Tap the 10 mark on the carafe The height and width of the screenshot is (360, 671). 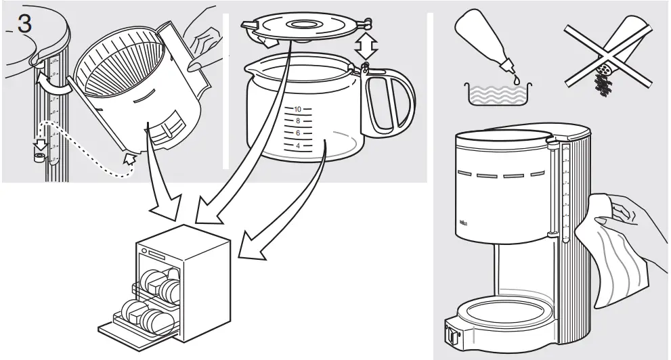(297, 109)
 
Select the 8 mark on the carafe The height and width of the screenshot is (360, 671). (297, 120)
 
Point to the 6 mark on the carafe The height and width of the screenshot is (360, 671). (297, 133)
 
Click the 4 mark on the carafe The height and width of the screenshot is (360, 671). (297, 145)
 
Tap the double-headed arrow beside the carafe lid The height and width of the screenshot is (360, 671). (367, 47)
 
